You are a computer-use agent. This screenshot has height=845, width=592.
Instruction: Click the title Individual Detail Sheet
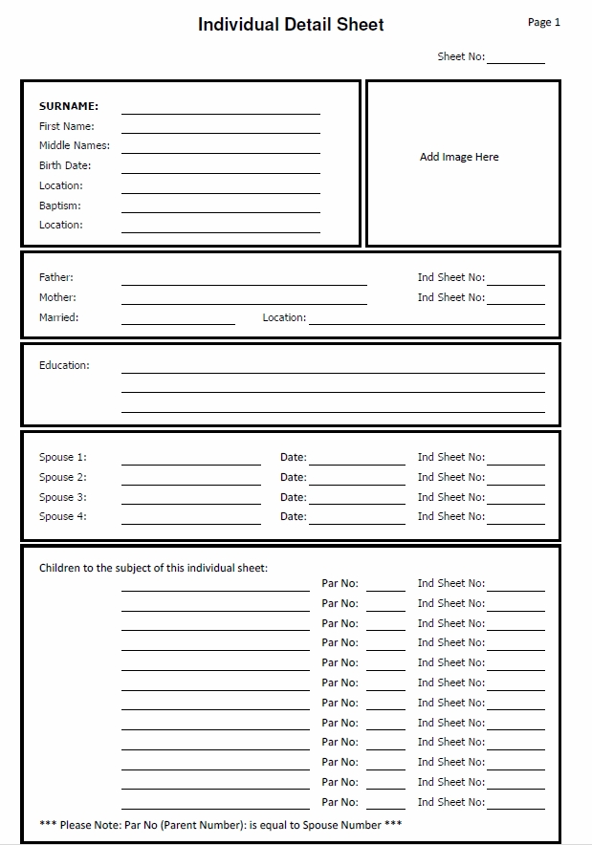(x=291, y=25)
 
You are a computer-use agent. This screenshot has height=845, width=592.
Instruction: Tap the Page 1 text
(x=543, y=22)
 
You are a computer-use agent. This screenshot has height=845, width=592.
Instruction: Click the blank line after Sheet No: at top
(x=515, y=59)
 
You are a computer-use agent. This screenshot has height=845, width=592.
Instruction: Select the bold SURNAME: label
(x=69, y=106)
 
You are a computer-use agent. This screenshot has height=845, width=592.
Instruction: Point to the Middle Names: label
(x=74, y=145)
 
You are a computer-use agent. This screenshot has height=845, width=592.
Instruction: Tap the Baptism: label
(x=59, y=206)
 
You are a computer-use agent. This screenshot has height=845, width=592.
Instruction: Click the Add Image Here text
(x=459, y=157)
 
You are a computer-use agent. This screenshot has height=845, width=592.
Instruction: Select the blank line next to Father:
(x=244, y=280)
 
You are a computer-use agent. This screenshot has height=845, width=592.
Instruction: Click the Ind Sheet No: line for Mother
(x=515, y=300)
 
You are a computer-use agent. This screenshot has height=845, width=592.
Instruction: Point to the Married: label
(x=58, y=317)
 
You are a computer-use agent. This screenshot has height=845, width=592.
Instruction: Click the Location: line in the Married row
(x=427, y=320)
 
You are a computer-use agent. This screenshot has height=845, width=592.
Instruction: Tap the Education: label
(x=64, y=365)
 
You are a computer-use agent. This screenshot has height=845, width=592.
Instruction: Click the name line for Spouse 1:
(x=190, y=461)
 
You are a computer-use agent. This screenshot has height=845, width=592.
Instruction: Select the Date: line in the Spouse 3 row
(x=357, y=500)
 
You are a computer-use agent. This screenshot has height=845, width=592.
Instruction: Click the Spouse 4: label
(x=62, y=516)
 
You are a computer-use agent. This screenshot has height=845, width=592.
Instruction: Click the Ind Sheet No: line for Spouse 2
(x=515, y=480)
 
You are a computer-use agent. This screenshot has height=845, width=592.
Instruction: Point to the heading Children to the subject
(x=153, y=568)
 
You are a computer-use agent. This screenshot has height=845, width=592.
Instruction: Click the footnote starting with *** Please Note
(x=220, y=825)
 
